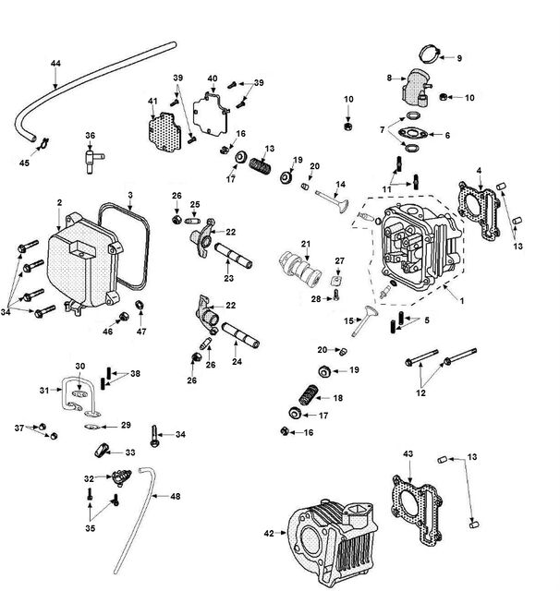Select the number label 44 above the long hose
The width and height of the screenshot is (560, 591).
pyautogui.click(x=55, y=64)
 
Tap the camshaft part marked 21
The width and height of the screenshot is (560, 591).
pyautogui.click(x=300, y=269)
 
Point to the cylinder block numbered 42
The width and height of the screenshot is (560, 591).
pyautogui.click(x=332, y=543)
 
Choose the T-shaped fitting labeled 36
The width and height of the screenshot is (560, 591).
pyautogui.click(x=92, y=160)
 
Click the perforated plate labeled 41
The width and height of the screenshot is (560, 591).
pyautogui.click(x=164, y=131)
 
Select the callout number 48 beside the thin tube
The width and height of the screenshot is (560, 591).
pyautogui.click(x=176, y=497)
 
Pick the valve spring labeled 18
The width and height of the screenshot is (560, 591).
pyautogui.click(x=309, y=395)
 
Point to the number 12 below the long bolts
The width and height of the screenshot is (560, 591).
pyautogui.click(x=420, y=393)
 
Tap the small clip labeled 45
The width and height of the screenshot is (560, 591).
pyautogui.click(x=43, y=144)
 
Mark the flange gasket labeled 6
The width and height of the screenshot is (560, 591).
pyautogui.click(x=413, y=134)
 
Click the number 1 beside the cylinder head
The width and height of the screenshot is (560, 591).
pyautogui.click(x=461, y=301)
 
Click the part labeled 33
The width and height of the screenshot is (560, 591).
pyautogui.click(x=101, y=451)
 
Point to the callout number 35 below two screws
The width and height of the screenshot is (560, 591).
pyautogui.click(x=91, y=528)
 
